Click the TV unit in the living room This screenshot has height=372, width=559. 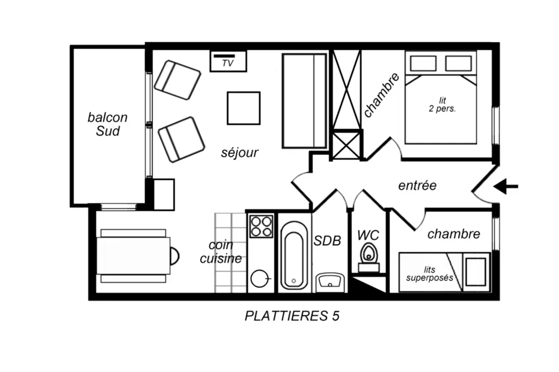(x=228, y=61)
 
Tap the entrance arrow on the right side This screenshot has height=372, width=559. (x=506, y=186)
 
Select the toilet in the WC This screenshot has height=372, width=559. (x=368, y=257)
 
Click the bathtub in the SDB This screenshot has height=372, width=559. (x=294, y=255)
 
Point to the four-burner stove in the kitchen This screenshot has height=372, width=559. (x=261, y=226)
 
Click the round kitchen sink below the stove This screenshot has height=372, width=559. (x=260, y=279)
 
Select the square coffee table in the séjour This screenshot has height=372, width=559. (x=243, y=108)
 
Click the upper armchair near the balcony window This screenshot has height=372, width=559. (x=177, y=80)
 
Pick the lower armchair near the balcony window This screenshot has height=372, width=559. (x=181, y=140)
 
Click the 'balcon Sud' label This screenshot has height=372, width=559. (x=107, y=124)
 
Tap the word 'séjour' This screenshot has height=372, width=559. (x=239, y=153)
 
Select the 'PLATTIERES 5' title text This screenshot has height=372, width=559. (x=292, y=316)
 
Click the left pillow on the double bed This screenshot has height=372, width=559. (x=423, y=64)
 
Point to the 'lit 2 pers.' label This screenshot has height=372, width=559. (x=442, y=105)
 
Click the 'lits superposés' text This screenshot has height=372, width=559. (x=429, y=274)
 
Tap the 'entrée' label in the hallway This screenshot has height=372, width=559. (x=417, y=185)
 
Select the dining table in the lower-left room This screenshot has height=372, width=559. (x=133, y=256)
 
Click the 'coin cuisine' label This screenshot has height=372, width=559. (x=221, y=252)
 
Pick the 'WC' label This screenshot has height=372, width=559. (x=368, y=235)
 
